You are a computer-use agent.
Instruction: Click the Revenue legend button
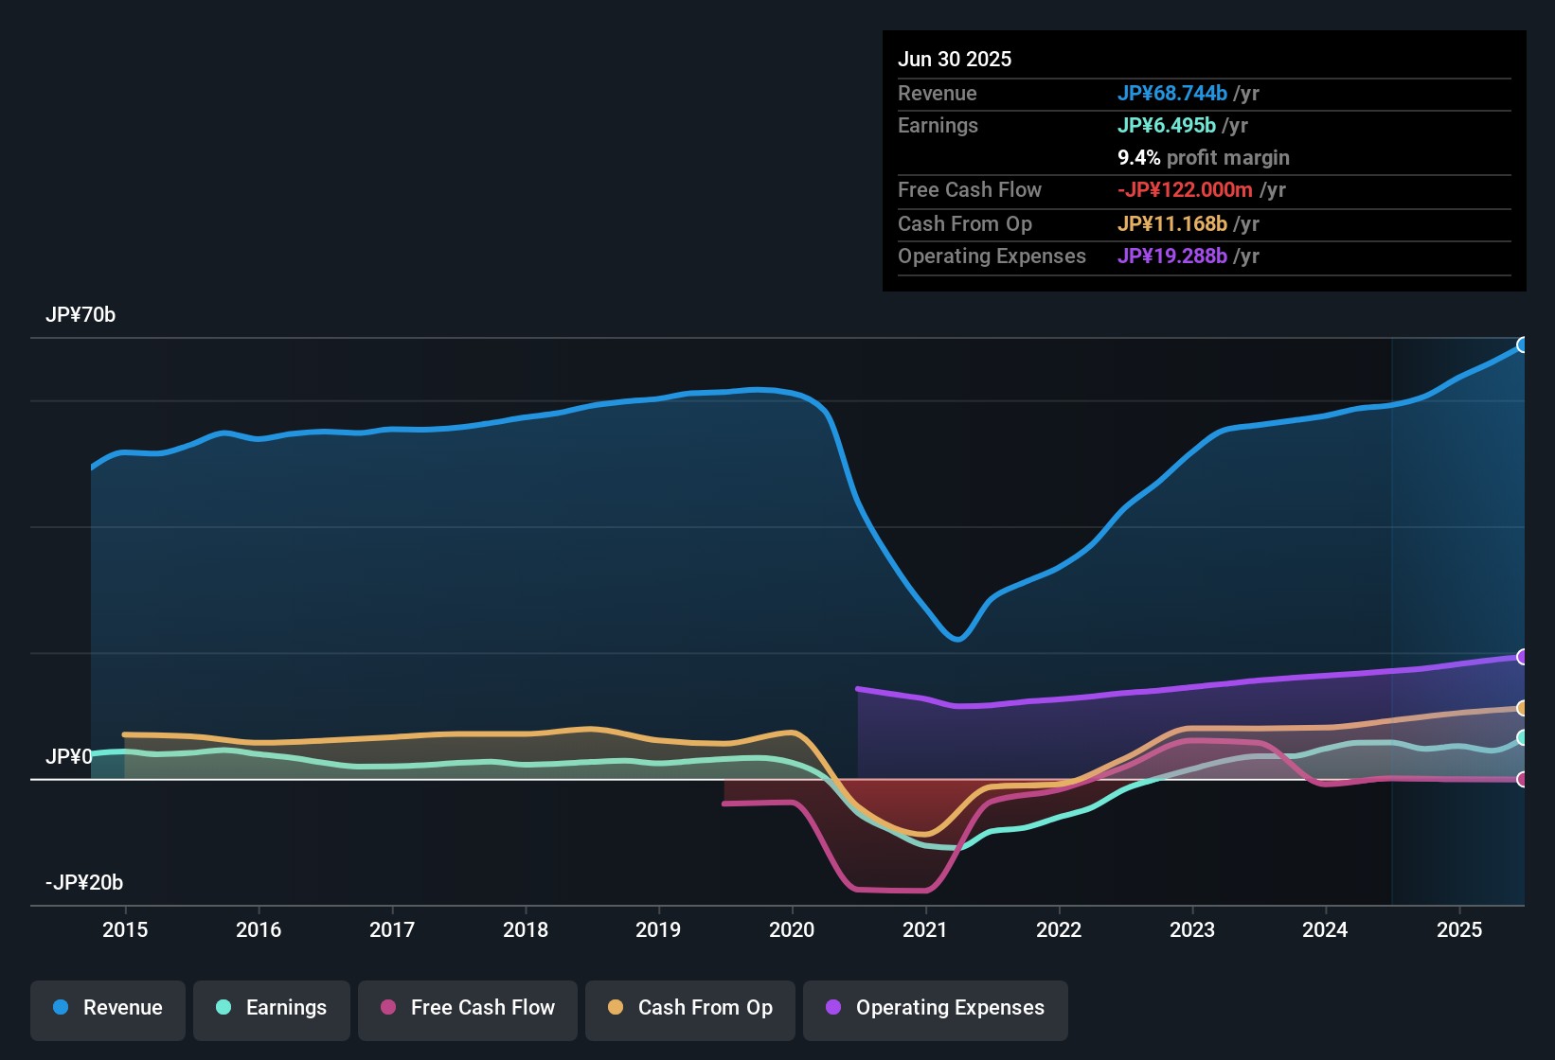pos(108,1008)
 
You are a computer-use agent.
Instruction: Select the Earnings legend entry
pos(272,1008)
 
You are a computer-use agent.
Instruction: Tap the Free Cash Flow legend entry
pos(468,1008)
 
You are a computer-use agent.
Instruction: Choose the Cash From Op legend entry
pos(690,1008)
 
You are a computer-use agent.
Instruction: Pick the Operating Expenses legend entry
pos(936,1008)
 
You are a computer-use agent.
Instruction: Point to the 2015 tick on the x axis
pos(125,929)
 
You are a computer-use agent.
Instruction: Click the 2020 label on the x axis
pos(792,929)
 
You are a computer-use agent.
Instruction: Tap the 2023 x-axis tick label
pos(1192,929)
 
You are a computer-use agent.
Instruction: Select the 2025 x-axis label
pos(1459,929)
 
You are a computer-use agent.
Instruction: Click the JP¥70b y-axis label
pos(80,315)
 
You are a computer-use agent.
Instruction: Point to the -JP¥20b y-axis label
pos(84,883)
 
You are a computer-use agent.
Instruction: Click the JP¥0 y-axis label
pos(69,757)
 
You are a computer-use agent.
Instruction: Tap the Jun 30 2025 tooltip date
pos(955,60)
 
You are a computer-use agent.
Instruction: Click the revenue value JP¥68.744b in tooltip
pos(1172,94)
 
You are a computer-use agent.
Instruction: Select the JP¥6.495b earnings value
pos(1167,126)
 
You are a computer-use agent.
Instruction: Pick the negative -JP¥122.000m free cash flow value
pos(1185,190)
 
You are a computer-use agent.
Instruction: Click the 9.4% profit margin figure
pos(1139,158)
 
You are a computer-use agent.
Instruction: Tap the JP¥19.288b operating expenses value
pos(1172,256)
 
